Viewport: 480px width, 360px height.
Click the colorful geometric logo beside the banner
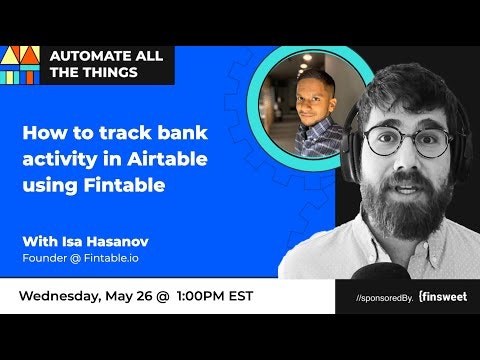20,65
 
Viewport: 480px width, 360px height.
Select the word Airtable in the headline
167,159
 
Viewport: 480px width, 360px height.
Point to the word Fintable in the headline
124,185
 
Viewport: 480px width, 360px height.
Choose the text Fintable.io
111,258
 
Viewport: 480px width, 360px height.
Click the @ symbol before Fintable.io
75,258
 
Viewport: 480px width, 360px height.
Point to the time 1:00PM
201,296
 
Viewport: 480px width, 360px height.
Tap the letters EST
241,296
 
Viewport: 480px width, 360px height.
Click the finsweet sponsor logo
443,297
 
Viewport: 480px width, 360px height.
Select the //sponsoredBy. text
385,298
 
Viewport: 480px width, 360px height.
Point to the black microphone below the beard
381,271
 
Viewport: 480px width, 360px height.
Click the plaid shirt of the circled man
317,137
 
